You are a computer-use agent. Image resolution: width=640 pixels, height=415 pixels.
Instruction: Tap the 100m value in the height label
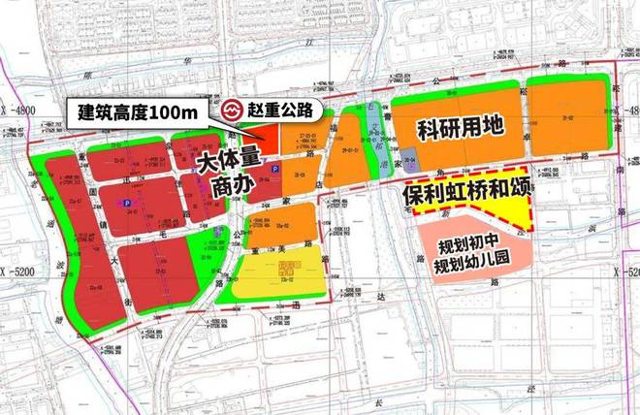[x=178, y=112]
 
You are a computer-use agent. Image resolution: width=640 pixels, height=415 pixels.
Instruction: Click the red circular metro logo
[x=232, y=112]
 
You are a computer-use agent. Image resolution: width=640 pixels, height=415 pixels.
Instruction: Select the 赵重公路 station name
[x=284, y=112]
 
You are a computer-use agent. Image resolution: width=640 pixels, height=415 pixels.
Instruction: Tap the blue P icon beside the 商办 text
[x=273, y=171]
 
